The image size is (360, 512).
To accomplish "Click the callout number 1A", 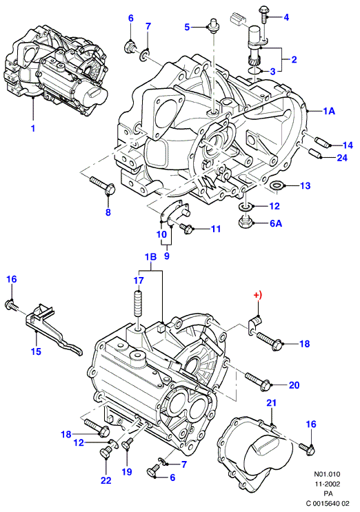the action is pos(329,111).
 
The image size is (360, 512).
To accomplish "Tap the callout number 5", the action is pos(187,27).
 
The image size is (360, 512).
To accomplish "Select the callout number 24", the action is pos(342,158).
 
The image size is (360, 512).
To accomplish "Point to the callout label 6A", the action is pos(275,223).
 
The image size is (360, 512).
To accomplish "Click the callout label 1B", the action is pos(150,257).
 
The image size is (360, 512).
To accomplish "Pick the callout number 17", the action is pos(139,280).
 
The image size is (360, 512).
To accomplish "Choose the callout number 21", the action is pos(272,403).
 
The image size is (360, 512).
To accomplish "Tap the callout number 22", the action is pos(106,480).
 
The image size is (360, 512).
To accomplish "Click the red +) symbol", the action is pos(258,295).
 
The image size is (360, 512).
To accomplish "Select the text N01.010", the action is pos(328,474).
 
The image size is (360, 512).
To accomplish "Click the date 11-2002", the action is pos(328,484).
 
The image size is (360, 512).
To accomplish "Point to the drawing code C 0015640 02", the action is pos(328,504).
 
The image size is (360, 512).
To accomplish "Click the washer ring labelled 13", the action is pos(277,185).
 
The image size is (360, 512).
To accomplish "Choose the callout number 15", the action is pos(36,351).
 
